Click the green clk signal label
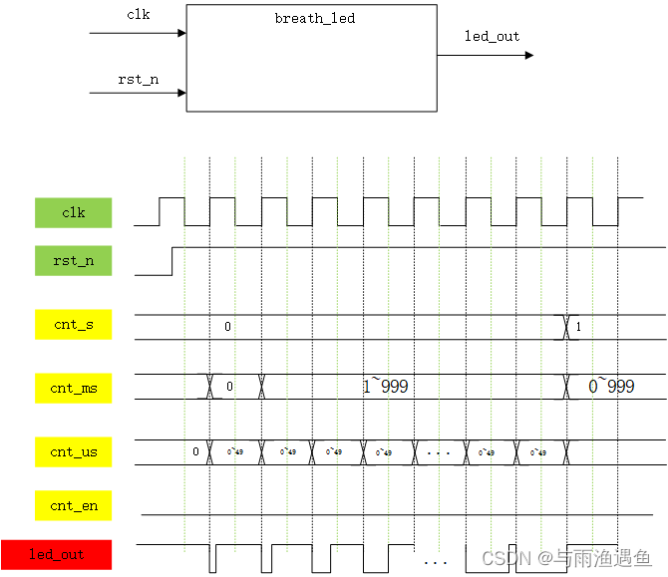(x=74, y=212)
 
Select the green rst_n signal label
(x=74, y=261)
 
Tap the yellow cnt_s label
(x=74, y=325)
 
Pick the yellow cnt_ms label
(x=74, y=387)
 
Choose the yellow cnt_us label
(x=74, y=451)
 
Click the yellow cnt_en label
(x=74, y=505)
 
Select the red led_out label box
(x=57, y=554)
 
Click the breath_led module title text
(x=314, y=18)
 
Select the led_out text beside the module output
(x=492, y=36)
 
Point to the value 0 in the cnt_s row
(x=227, y=326)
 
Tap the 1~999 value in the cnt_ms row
(x=386, y=387)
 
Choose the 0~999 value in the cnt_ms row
(x=611, y=387)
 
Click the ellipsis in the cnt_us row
(x=439, y=451)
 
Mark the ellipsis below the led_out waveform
(x=436, y=562)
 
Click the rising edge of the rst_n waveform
(x=172, y=260)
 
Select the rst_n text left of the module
(x=139, y=79)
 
